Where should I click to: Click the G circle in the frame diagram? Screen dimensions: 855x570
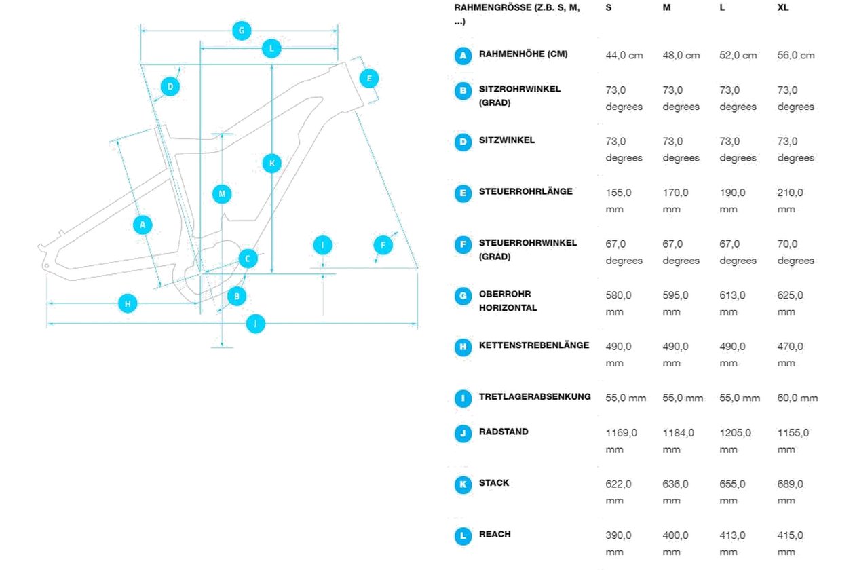pos(242,31)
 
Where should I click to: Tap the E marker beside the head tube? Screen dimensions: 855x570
pos(369,78)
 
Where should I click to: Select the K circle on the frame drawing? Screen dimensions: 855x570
pos(271,164)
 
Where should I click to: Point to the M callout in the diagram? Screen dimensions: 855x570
pos(222,194)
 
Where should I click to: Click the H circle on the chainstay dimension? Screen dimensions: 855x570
pos(128,303)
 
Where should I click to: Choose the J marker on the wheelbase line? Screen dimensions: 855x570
pos(255,324)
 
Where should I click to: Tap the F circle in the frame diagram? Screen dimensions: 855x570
pos(383,245)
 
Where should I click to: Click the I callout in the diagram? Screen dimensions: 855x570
pos(322,245)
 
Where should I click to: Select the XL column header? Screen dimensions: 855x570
pos(783,7)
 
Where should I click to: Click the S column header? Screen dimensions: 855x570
pos(609,7)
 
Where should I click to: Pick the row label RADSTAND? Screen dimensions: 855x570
pos(503,432)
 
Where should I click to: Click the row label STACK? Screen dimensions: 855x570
pos(494,482)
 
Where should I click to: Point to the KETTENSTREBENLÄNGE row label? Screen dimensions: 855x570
pos(534,345)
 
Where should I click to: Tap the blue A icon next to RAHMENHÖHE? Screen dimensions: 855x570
pos(463,56)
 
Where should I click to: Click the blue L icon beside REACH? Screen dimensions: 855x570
pos(463,536)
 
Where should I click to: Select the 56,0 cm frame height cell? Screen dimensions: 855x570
pos(796,56)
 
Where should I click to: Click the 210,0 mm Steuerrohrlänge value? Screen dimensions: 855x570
pos(790,201)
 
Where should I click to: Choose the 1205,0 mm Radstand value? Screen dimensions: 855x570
pos(735,441)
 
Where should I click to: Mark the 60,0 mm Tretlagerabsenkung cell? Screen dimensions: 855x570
pos(797,398)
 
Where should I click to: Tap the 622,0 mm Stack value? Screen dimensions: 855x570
pos(618,492)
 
